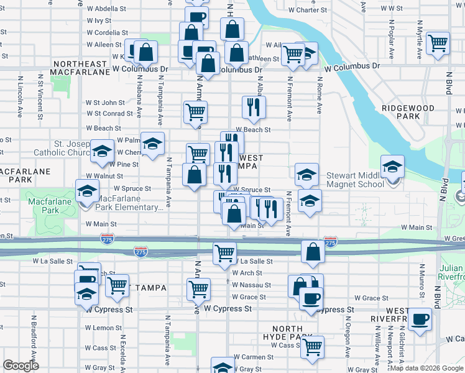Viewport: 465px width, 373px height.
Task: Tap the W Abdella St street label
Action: click(106, 9)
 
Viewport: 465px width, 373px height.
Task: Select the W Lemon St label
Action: click(104, 328)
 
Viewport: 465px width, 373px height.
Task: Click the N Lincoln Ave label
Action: click(21, 96)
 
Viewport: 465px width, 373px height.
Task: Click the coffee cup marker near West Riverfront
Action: click(420, 319)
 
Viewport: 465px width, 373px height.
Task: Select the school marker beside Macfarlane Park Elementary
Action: click(87, 191)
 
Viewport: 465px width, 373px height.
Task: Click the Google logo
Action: click(21, 366)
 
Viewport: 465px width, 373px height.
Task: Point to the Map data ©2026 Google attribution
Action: click(427, 368)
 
